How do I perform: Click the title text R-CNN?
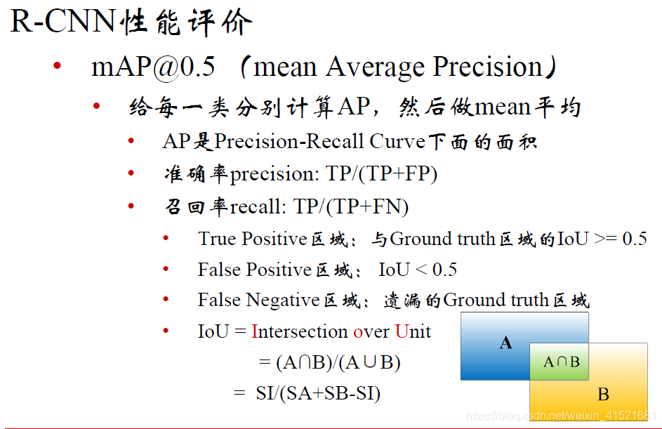pos(62,20)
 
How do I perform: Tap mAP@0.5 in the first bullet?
pos(153,67)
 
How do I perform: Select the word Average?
pos(375,67)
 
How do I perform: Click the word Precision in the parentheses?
pos(488,67)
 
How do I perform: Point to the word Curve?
pos(397,141)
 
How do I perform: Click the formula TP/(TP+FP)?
pos(381,174)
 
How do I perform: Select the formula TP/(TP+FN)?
pos(351,207)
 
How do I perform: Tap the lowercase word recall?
pos(255,207)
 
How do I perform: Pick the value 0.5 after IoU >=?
pos(635,239)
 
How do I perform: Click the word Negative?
pos(282,301)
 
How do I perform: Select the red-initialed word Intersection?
pos(299,331)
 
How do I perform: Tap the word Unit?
pos(413,331)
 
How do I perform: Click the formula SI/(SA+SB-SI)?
pos(318,393)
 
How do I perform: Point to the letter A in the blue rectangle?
pos(505,343)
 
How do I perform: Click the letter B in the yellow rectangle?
pos(603,395)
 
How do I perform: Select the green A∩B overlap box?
pos(559,362)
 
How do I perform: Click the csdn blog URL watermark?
pos(561,416)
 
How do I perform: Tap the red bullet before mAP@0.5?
pos(58,65)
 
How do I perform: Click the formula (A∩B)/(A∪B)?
pos(338,362)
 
